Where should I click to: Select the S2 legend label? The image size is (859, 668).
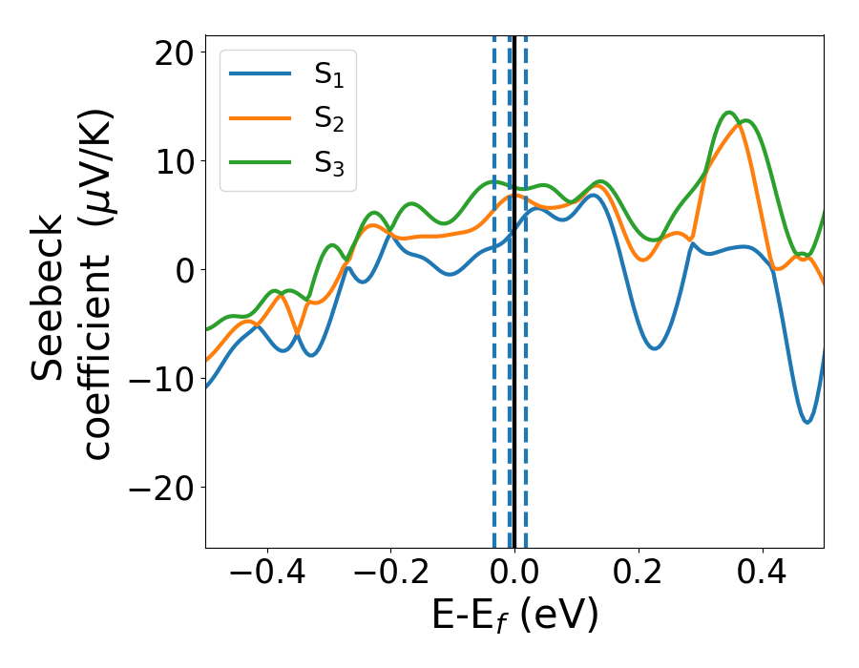[329, 120]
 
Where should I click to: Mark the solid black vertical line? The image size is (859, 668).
[514, 429]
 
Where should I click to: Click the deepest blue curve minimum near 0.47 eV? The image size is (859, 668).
[807, 422]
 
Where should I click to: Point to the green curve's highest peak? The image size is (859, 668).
[729, 113]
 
